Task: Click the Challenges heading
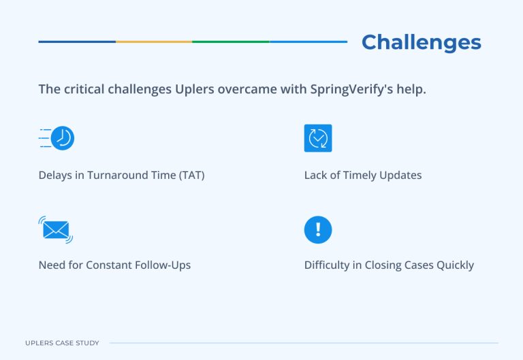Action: click(421, 42)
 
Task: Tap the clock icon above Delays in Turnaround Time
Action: click(61, 138)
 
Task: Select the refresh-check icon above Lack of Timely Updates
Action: click(318, 138)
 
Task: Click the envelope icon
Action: click(56, 229)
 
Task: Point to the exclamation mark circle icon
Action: click(318, 229)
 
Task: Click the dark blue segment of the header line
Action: click(77, 42)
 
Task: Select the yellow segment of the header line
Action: click(154, 42)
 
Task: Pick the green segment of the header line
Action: click(231, 42)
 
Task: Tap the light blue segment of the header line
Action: click(308, 42)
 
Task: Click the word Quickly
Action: click(452, 265)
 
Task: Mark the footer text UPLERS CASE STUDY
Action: click(62, 343)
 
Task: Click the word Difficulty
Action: click(327, 265)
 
